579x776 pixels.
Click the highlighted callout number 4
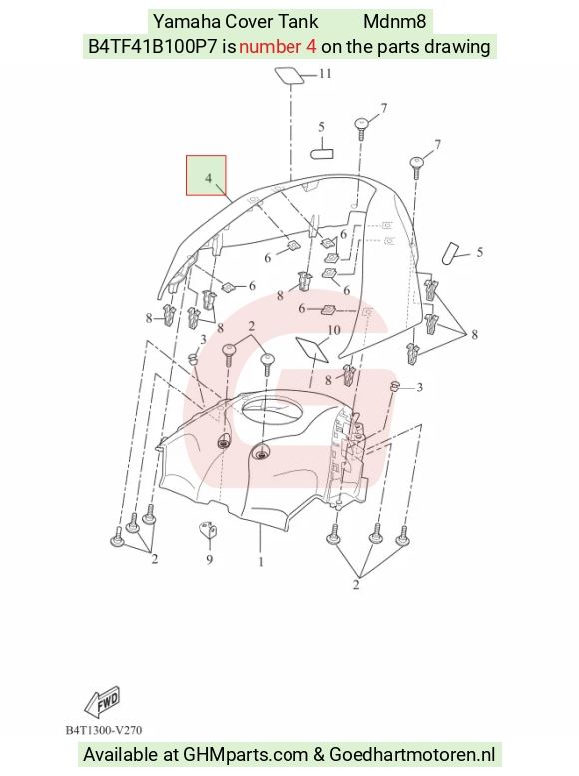click(x=208, y=178)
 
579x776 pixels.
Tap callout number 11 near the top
click(x=325, y=74)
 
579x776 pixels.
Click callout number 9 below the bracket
click(x=210, y=559)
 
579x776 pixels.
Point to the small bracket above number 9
click(x=209, y=530)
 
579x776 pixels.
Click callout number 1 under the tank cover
click(x=261, y=562)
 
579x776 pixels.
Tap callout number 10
click(x=334, y=330)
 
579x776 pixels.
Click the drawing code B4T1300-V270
click(x=104, y=730)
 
